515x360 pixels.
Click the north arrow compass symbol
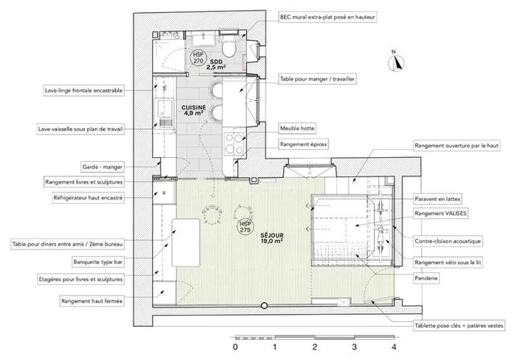coord(396,62)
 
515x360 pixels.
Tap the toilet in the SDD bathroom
coord(229,48)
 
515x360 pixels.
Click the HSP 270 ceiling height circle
coord(198,58)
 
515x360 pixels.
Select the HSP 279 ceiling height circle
coord(245,227)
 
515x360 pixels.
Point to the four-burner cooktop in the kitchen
coord(234,143)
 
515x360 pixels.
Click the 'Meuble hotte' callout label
coord(297,128)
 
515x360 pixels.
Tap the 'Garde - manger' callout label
coord(102,167)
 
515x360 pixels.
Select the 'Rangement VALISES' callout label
coord(440,213)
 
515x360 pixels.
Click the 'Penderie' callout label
coord(426,278)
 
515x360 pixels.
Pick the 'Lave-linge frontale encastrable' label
coord(84,90)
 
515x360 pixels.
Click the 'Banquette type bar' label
coord(98,262)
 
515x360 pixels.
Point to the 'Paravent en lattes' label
coord(437,199)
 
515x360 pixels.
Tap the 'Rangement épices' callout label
coord(303,144)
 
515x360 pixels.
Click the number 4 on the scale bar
coord(393,346)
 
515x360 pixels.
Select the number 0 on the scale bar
coord(235,346)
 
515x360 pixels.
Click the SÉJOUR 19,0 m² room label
coord(272,238)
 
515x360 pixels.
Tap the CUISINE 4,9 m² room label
coord(193,110)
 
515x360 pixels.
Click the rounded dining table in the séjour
coord(186,242)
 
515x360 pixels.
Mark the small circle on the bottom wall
coord(264,306)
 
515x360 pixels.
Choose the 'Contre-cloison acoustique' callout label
coord(447,241)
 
